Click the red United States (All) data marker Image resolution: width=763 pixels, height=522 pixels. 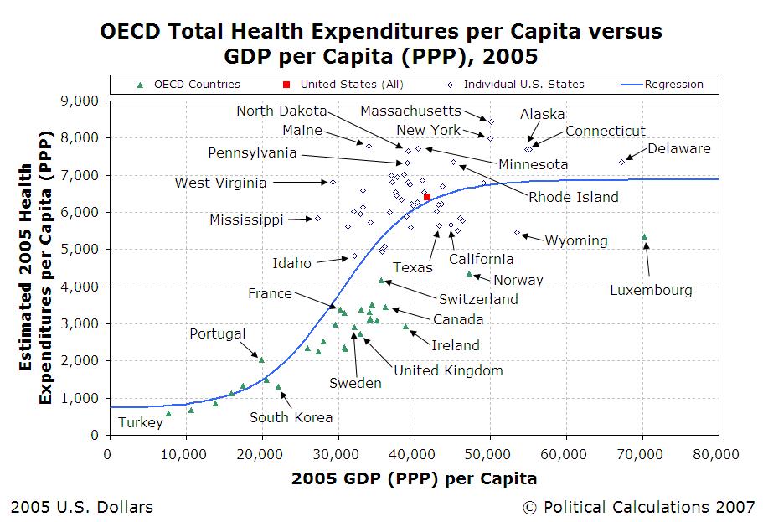(427, 197)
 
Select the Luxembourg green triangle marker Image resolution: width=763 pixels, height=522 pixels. (644, 237)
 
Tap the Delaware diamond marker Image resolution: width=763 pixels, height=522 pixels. (621, 162)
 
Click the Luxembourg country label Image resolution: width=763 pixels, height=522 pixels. (651, 291)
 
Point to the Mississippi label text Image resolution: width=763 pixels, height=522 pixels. (246, 220)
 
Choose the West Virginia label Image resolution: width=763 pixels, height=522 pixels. (220, 183)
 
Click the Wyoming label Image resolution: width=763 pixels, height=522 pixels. (575, 240)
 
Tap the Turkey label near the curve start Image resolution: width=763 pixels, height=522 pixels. (140, 422)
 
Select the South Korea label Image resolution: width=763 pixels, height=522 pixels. (291, 417)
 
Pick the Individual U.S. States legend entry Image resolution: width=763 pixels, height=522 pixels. (523, 84)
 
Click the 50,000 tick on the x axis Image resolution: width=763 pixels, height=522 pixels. (489, 453)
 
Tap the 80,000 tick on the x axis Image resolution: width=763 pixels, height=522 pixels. (718, 453)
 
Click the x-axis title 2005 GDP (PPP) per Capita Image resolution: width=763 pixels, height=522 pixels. (414, 478)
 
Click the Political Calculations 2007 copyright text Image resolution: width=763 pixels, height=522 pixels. (638, 507)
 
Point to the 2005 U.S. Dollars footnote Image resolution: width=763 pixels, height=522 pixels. (81, 507)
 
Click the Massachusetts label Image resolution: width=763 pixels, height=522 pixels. (410, 111)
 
